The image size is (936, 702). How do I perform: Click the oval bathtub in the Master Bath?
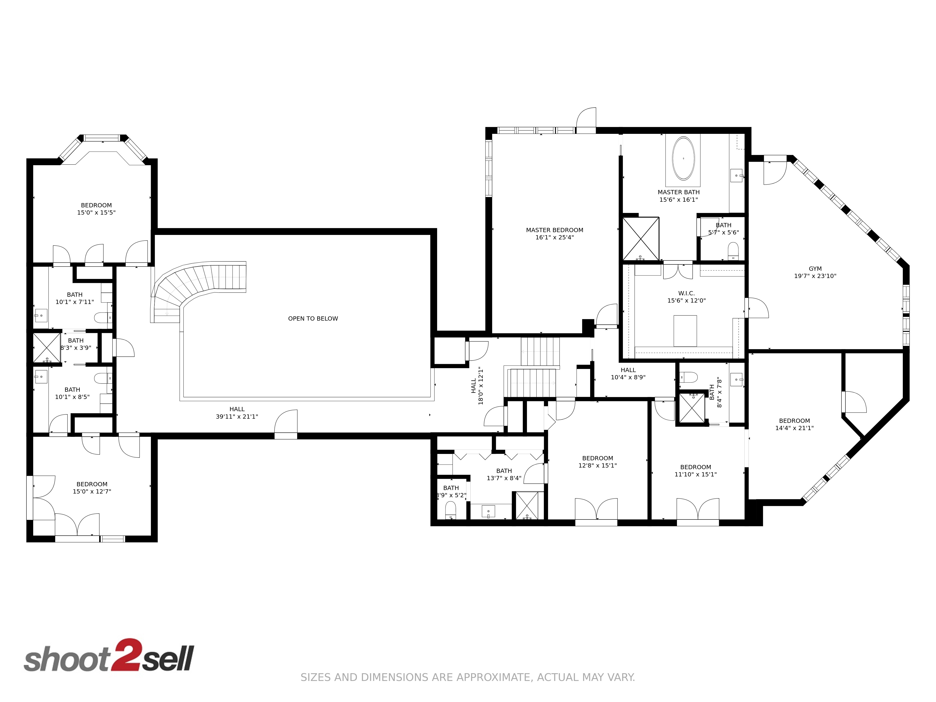pos(683,158)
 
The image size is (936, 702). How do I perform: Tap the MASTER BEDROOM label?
pos(554,230)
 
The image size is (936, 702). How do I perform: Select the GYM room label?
pos(815,269)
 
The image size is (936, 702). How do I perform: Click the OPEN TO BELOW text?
pos(313,319)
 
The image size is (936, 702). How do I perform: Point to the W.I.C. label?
pos(686,293)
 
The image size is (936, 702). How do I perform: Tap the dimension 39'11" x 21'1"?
pos(237,416)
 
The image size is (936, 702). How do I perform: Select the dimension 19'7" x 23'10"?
pos(815,276)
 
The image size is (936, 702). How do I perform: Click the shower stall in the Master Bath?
pos(641,239)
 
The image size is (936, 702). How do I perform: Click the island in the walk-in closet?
pos(685,330)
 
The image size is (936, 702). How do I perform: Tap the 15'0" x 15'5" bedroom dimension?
pos(96,212)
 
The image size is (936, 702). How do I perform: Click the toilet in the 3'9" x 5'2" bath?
pos(451,510)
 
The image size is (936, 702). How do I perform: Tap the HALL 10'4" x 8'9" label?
pos(628,374)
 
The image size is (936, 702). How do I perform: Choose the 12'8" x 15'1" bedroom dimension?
pos(597,465)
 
